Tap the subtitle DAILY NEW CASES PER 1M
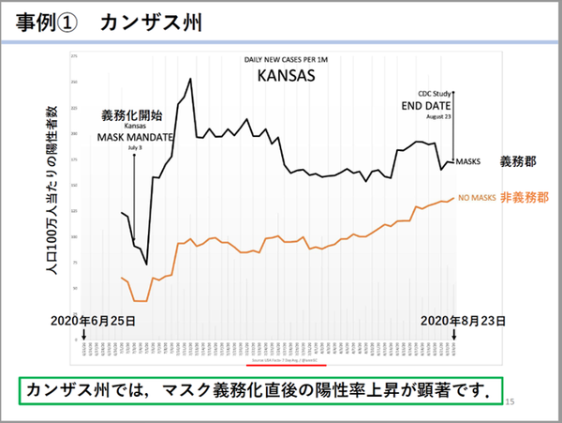click(x=287, y=58)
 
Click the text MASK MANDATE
click(x=137, y=136)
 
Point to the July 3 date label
click(x=136, y=147)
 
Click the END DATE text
click(x=436, y=106)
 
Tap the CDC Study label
click(x=436, y=94)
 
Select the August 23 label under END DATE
click(x=436, y=118)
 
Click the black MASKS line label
click(x=468, y=161)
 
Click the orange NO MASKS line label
click(x=476, y=199)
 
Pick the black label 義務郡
click(x=518, y=160)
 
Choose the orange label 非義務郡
click(x=525, y=198)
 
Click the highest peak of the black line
click(x=191, y=79)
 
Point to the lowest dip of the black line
click(x=147, y=264)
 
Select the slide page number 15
click(x=510, y=401)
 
